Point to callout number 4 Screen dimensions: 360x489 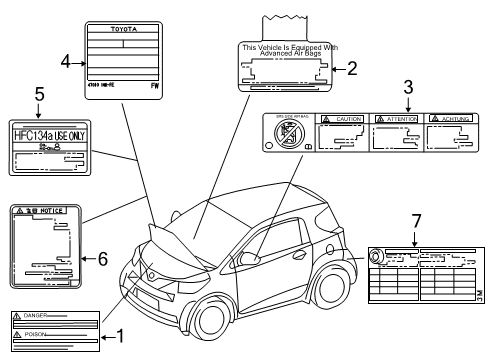(65, 61)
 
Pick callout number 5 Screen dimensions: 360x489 (38, 97)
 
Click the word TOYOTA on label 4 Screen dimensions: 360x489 (120, 31)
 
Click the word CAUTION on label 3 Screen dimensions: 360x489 (348, 119)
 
